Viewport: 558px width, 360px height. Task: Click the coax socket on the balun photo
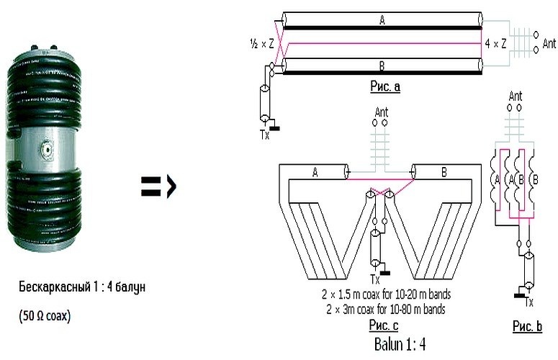pos(47,150)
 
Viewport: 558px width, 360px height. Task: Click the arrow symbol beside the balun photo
pos(158,186)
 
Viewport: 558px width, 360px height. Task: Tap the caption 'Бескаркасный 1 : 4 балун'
pos(82,287)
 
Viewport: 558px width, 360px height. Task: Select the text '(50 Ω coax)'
pos(45,315)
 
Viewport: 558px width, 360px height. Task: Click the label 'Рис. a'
pos(385,86)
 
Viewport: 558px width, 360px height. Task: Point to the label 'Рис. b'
pos(527,326)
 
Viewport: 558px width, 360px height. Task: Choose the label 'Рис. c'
pos(384,325)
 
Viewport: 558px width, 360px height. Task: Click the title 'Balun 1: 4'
pos(400,344)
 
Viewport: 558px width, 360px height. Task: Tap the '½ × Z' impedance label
pos(262,44)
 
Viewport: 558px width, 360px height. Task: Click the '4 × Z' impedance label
pos(495,43)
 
